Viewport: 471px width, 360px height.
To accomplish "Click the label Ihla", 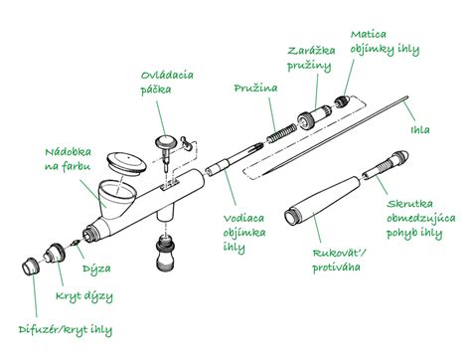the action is tap(420, 130).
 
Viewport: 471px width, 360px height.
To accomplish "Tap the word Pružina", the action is tap(255, 89).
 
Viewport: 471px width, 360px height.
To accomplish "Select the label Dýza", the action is tap(96, 269).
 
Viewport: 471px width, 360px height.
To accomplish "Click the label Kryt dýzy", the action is tap(84, 296).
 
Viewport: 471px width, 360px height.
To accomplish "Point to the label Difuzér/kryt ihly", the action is tap(66, 330).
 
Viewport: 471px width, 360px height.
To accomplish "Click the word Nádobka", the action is tap(68, 152).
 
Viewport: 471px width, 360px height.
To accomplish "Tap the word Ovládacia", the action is tap(167, 75).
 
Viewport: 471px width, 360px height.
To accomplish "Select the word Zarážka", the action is tap(311, 51).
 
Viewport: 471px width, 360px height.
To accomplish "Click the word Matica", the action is tap(369, 35).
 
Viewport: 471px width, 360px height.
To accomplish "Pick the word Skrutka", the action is tap(409, 204).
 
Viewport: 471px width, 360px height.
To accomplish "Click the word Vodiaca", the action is tap(243, 219).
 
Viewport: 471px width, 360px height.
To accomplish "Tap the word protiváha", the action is tap(336, 268).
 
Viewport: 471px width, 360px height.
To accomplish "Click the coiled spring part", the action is tap(282, 133).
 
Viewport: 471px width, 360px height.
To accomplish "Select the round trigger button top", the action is tap(166, 142).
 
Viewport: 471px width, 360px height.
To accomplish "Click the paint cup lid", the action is tap(127, 162).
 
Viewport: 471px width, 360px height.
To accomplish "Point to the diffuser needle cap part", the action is tap(31, 267).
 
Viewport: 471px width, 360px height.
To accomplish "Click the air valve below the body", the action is tap(165, 253).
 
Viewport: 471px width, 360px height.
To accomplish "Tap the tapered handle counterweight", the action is tap(322, 201).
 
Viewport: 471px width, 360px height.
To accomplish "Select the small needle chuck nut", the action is tap(342, 101).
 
